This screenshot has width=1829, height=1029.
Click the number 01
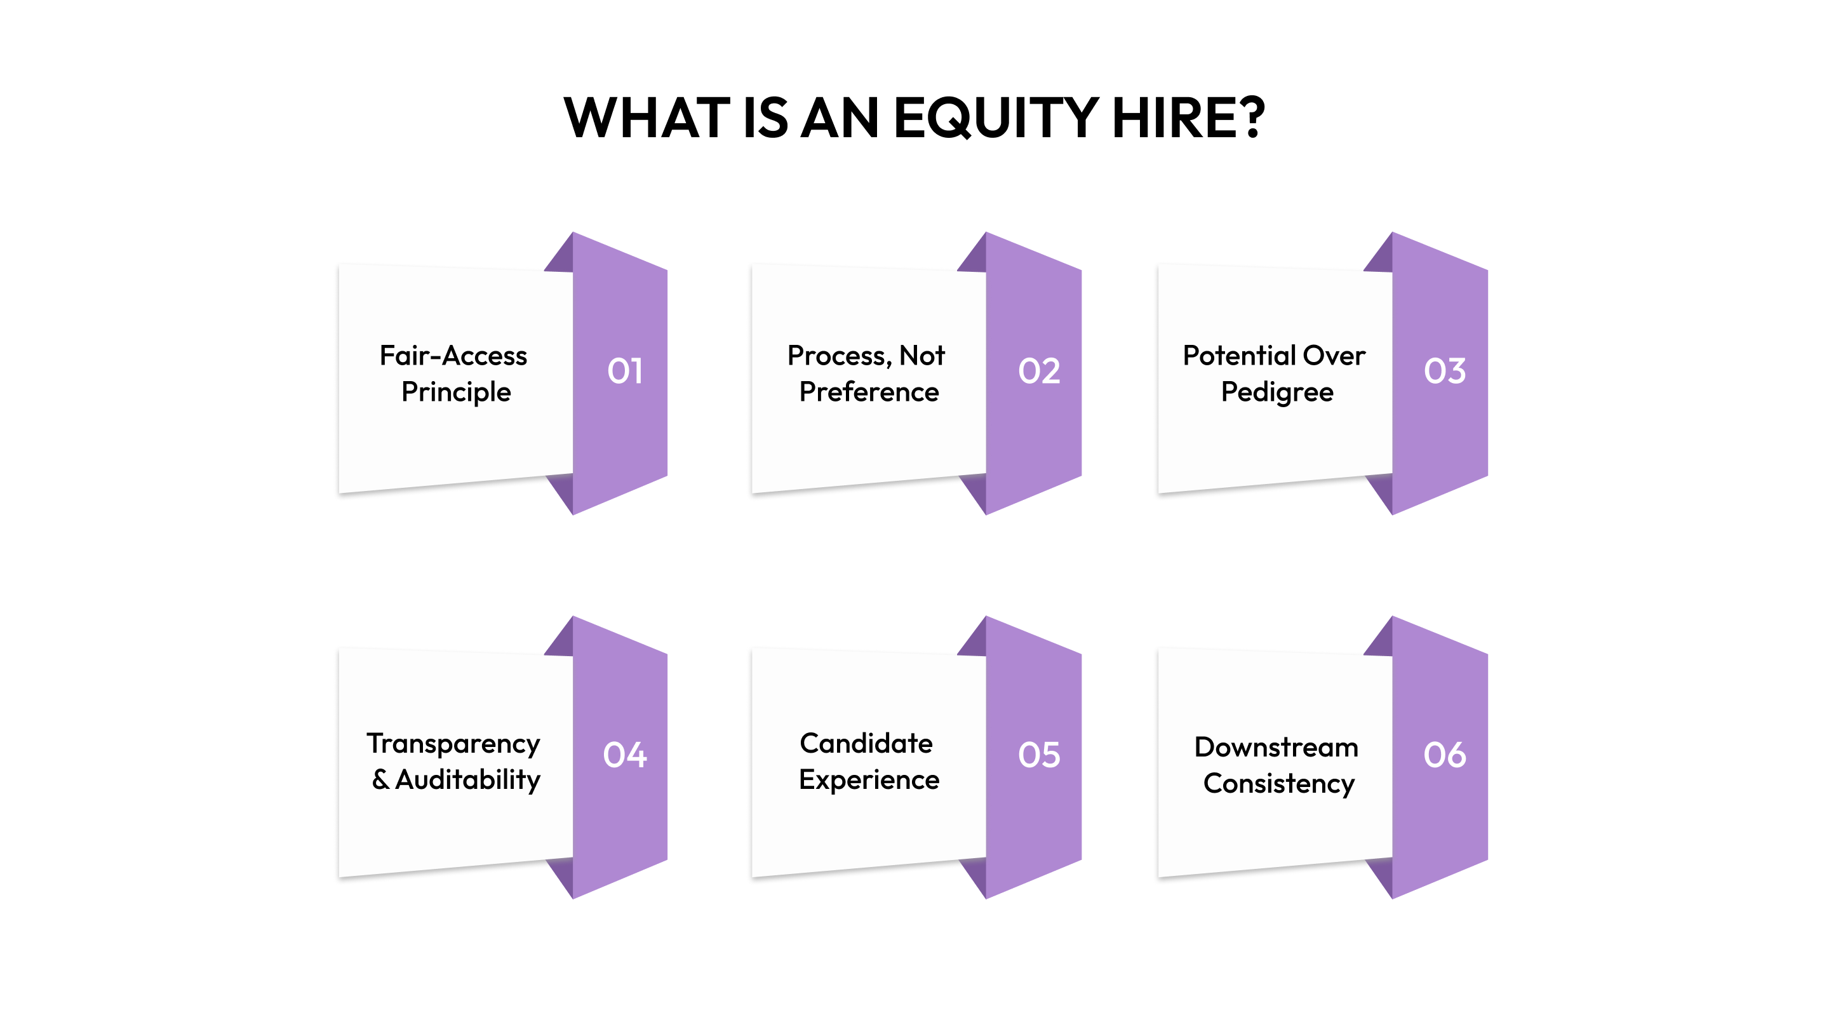[625, 372]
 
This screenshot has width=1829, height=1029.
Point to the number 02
[1039, 372]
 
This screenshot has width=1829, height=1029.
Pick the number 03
[1444, 372]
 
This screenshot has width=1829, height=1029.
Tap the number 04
[625, 755]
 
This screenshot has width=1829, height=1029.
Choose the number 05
[1039, 755]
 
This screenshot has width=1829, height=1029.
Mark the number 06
[1444, 755]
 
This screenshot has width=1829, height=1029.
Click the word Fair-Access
[453, 355]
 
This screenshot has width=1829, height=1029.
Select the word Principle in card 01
[456, 393]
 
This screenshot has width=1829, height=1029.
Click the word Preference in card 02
[869, 392]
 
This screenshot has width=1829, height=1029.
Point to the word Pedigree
[1276, 393]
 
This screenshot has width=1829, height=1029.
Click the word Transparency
[453, 744]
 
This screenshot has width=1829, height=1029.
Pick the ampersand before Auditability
[380, 780]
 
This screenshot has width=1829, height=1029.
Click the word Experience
[869, 781]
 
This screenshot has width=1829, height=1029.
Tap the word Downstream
[1276, 747]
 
